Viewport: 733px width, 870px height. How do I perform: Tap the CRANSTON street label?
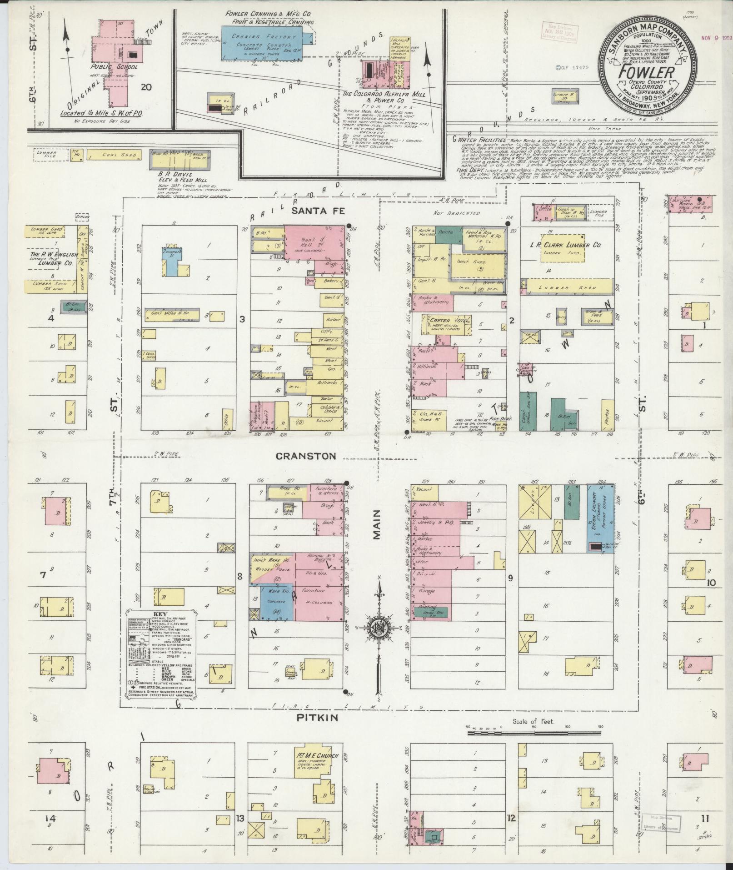click(314, 456)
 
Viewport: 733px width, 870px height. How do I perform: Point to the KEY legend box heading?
click(161, 614)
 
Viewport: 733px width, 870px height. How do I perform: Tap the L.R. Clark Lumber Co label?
click(571, 245)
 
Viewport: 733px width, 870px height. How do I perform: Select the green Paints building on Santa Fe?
click(446, 232)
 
